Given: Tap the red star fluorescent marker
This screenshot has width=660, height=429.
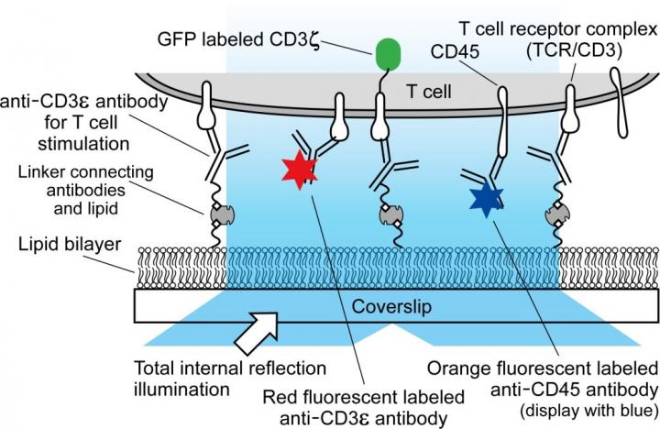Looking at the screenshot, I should pyautogui.click(x=300, y=169).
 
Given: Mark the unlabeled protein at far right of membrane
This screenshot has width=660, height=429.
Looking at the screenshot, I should pyautogui.click(x=623, y=100).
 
